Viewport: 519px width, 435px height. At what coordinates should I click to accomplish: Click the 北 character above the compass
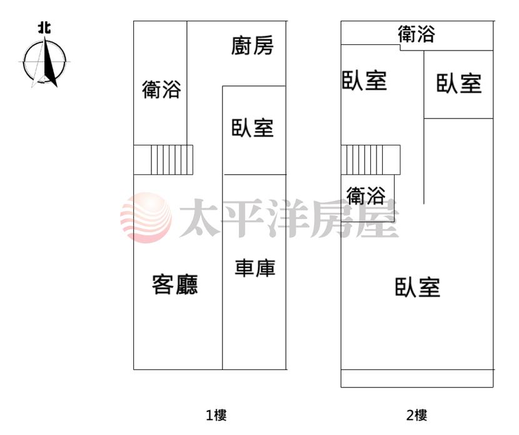pos(44,27)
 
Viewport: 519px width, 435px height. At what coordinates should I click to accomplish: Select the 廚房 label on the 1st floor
pos(252,46)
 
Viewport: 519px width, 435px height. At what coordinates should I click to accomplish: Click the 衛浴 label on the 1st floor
pos(161,89)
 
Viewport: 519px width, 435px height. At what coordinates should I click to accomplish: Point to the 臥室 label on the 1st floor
pos(252,128)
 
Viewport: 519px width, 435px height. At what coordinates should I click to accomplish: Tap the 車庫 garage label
pos(255,268)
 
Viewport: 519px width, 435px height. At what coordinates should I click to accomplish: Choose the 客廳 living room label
pos(174,285)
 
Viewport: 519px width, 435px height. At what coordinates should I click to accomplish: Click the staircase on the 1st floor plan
pos(163,160)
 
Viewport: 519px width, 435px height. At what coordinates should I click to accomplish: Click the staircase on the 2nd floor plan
pos(371,160)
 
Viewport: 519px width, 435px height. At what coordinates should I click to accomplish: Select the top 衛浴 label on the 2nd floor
pos(416,34)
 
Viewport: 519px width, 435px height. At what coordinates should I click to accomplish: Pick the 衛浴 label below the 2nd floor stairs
pos(366,195)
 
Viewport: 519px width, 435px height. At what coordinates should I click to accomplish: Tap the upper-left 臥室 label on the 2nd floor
pos(364,81)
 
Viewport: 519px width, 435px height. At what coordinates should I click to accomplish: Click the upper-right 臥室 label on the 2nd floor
pos(459,83)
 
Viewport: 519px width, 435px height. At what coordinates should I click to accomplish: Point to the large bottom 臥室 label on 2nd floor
pos(417,287)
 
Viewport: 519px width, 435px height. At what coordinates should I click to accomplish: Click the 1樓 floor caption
pos(216,415)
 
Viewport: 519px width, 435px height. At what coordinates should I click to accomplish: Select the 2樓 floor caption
pos(416,415)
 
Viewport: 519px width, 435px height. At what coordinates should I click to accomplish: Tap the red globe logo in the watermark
pos(146,217)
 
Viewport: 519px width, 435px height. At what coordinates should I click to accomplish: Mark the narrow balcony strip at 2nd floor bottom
pos(417,379)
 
